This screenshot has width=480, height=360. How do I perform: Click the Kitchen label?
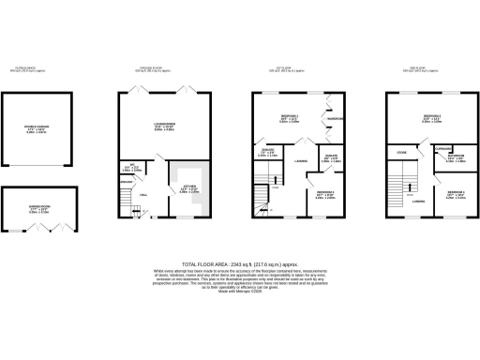189,191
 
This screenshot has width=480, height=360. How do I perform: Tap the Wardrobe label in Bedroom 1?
335,118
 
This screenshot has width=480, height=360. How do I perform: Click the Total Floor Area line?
240,266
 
